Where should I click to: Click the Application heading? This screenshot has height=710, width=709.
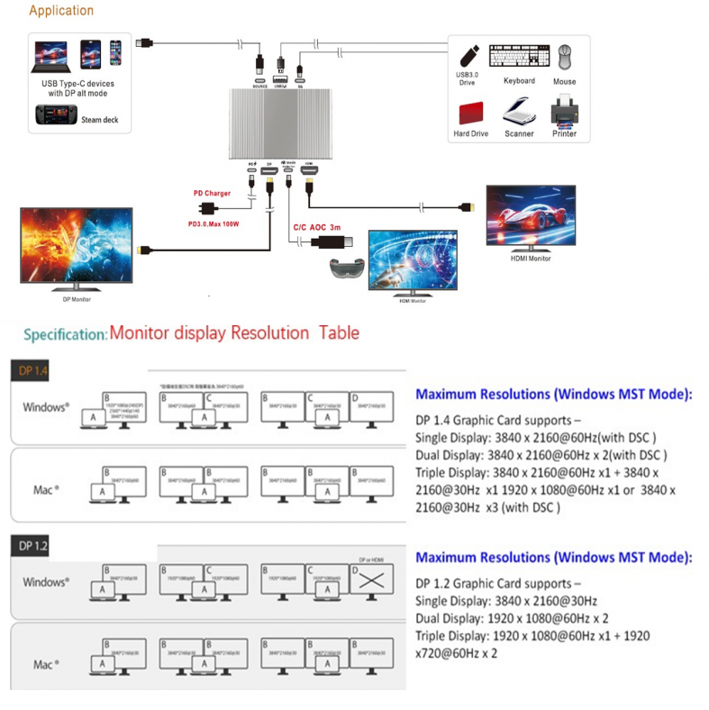tap(61, 11)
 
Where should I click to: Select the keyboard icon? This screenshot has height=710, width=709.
tap(518, 57)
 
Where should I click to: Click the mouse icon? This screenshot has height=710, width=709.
tap(565, 58)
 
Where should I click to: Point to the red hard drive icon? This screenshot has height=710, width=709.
tap(471, 114)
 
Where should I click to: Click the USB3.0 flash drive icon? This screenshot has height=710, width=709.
tap(467, 57)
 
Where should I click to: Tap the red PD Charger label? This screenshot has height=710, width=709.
tap(212, 193)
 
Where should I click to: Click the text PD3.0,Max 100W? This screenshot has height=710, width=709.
tap(213, 224)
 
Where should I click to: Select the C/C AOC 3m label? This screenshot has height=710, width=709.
tap(318, 228)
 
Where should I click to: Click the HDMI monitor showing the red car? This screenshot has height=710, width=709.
tap(530, 217)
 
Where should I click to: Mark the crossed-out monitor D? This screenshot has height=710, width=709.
tap(371, 581)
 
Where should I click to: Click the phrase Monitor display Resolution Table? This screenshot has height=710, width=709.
tap(234, 333)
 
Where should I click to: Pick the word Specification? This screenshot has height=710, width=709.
tap(65, 334)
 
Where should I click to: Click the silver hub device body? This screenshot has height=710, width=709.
tap(277, 125)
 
